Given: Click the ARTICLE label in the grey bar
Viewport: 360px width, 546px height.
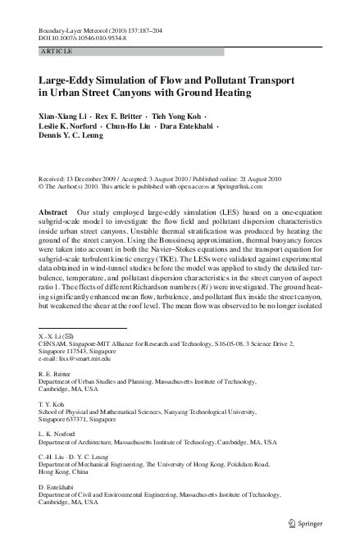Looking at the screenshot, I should tap(56, 51).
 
